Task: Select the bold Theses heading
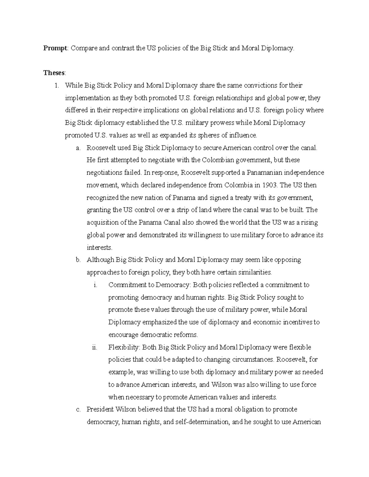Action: pyautogui.click(x=54, y=73)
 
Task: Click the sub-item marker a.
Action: pyautogui.click(x=78, y=148)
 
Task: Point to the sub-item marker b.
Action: pyautogui.click(x=78, y=260)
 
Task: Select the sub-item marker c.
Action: pyautogui.click(x=78, y=409)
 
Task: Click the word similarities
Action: pyautogui.click(x=253, y=272)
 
